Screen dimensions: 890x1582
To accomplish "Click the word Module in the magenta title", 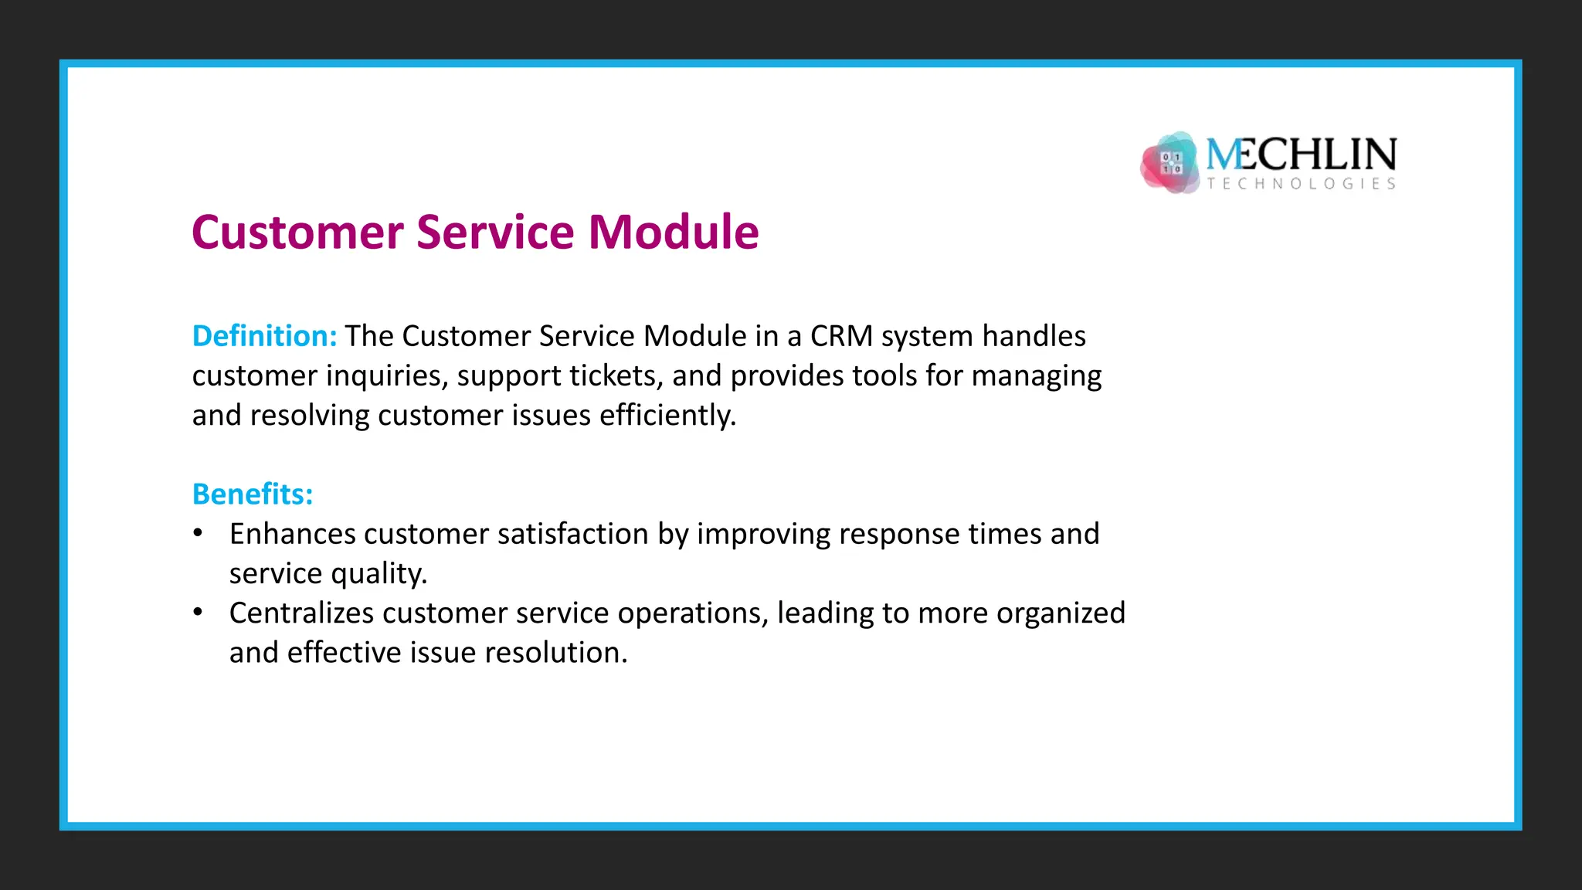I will [674, 232].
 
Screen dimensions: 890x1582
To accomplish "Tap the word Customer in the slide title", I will [297, 232].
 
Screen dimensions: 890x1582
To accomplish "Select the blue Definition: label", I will [264, 336].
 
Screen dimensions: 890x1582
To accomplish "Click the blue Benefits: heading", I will [253, 494].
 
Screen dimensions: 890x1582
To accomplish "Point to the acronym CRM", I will [841, 336].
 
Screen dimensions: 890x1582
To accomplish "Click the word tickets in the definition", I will [616, 376].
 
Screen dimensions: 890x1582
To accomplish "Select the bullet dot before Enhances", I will [199, 533].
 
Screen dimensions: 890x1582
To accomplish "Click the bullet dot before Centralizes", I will [199, 613].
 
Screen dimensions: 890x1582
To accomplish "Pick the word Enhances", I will [292, 534].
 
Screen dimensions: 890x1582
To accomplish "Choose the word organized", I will [1061, 613].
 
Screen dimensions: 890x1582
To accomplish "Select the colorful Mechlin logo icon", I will [1170, 162].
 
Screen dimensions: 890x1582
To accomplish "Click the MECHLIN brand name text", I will [1302, 155].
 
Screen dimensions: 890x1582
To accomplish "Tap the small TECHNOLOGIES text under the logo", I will [1302, 184].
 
